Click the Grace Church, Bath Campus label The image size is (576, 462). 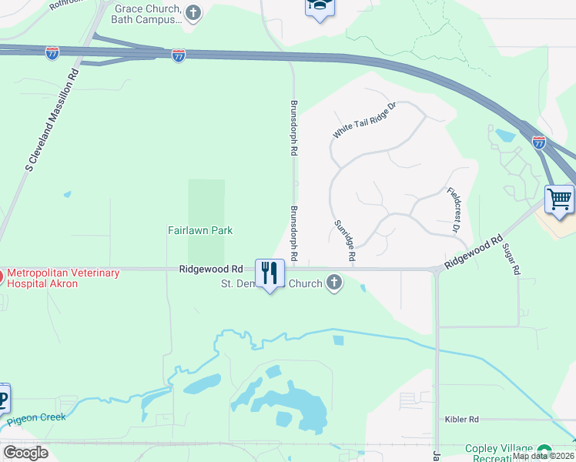[x=147, y=12]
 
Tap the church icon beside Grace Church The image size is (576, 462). [x=193, y=12]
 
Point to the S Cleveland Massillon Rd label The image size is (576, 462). [x=52, y=120]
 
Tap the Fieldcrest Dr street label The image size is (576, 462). [x=453, y=210]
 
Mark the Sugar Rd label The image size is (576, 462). [x=511, y=260]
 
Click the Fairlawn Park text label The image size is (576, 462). [x=200, y=230]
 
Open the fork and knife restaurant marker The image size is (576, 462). [x=270, y=273]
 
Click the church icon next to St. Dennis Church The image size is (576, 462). [x=334, y=283]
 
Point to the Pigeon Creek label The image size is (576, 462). [x=37, y=420]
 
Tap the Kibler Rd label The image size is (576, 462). [x=461, y=420]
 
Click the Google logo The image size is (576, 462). [x=25, y=453]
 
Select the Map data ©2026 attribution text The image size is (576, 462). [x=544, y=456]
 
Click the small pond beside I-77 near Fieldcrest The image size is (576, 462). [x=506, y=136]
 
